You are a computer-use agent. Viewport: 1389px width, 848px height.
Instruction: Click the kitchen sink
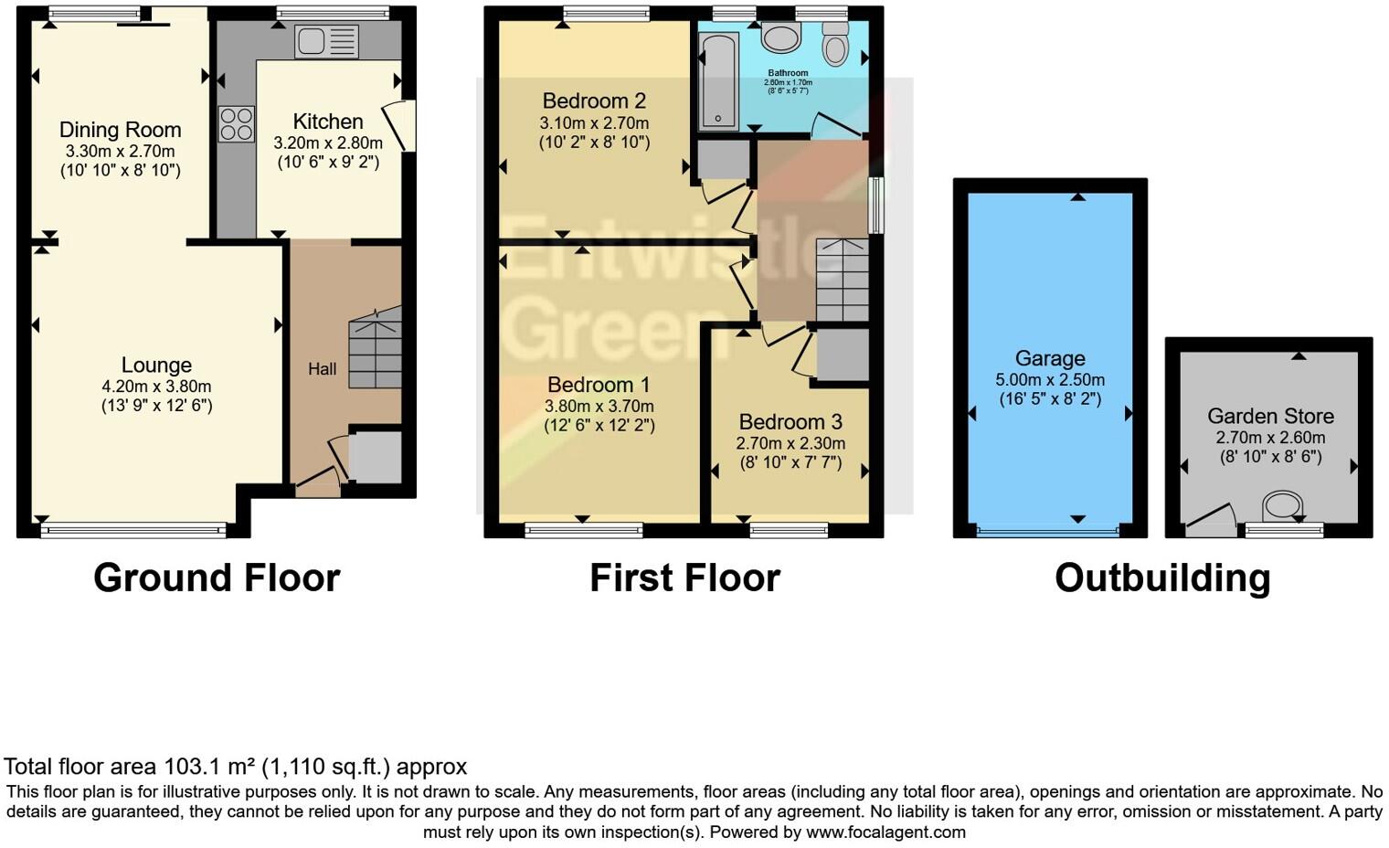coord(326,41)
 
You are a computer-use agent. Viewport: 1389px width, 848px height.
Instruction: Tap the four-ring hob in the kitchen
coord(236,124)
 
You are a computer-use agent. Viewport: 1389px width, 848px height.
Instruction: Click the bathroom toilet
coord(835,45)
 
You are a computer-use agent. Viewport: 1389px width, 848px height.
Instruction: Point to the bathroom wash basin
coord(780,37)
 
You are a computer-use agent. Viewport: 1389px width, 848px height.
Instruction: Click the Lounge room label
coord(156,366)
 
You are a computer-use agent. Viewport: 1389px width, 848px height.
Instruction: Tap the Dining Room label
coord(121,130)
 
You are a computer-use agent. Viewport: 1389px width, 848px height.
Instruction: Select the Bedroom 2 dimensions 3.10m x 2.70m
coord(594,122)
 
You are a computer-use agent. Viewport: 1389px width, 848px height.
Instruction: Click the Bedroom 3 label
coord(790,422)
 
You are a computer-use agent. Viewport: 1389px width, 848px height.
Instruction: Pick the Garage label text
coord(1050,359)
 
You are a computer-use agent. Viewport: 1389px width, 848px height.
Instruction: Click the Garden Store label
coord(1270,417)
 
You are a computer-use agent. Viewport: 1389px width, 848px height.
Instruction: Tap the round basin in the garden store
coord(1283,506)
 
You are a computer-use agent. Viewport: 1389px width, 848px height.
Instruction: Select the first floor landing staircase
coord(842,280)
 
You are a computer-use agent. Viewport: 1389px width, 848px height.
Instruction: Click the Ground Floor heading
coord(217,578)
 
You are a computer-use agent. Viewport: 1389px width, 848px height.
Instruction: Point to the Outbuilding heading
coord(1162,578)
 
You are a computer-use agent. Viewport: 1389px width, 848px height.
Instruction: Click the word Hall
coord(322,369)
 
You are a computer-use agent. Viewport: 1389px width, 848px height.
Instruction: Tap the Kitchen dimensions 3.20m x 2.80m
coord(328,143)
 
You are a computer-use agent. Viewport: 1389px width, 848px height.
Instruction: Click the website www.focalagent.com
coord(885,832)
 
